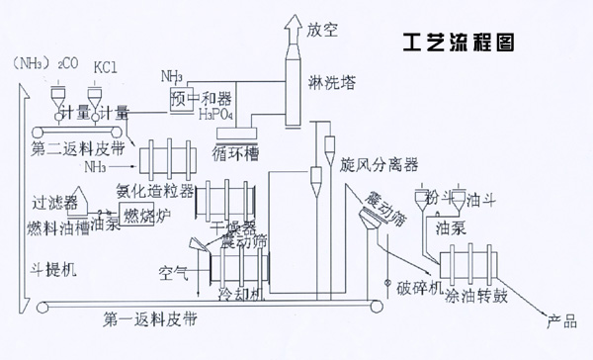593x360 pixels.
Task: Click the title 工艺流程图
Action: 460,45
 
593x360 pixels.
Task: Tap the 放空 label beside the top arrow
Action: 323,30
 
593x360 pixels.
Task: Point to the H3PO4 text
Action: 217,115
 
